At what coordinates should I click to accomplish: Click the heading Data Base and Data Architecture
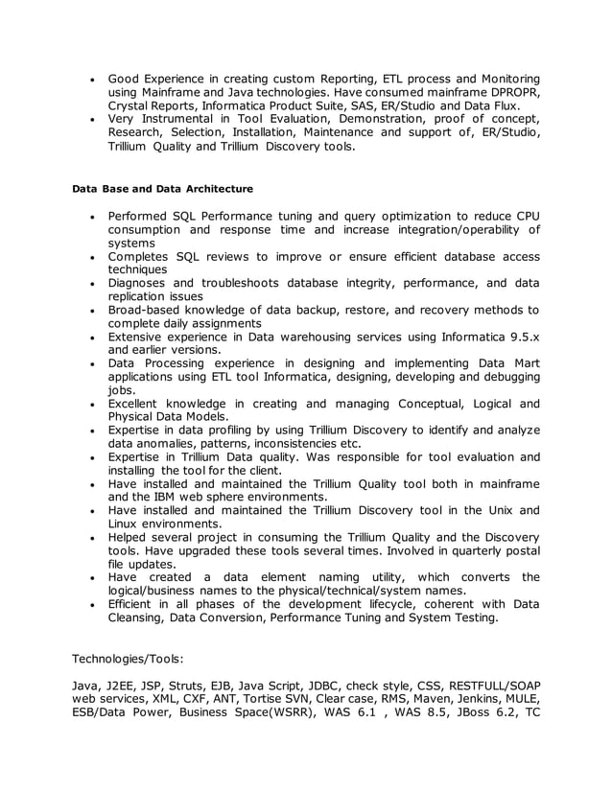point(162,189)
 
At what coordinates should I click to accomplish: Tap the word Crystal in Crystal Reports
point(129,105)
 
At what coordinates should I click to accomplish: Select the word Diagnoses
point(138,283)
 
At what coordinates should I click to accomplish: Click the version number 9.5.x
point(519,337)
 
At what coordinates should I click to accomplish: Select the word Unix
point(500,510)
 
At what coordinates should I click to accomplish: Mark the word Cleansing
point(137,617)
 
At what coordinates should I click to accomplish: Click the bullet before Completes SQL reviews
point(90,257)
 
